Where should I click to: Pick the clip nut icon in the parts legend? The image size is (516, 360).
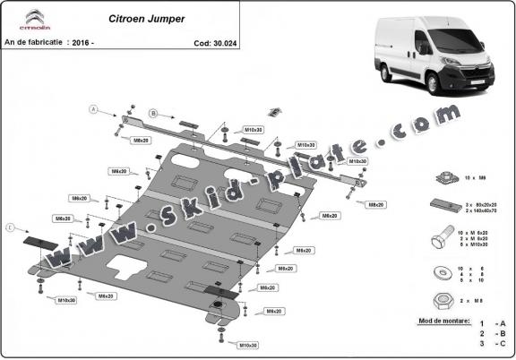(443, 178)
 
